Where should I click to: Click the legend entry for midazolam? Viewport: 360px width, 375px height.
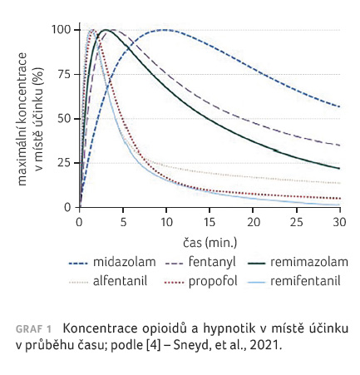125,262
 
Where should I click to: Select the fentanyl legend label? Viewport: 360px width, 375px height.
212,262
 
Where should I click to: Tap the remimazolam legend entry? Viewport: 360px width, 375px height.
309,262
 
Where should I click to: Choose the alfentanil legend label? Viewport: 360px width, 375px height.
120,281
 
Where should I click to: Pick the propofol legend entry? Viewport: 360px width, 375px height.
213,282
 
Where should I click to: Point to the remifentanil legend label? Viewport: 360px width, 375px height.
305,281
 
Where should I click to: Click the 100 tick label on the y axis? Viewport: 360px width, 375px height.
62,29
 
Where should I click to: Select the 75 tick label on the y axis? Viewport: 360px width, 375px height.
65,74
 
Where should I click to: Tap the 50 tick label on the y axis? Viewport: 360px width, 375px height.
65,118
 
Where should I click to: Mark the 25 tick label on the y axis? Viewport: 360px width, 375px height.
65,163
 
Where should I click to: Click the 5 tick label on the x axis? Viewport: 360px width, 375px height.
123,222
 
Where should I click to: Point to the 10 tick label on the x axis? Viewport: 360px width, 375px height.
167,222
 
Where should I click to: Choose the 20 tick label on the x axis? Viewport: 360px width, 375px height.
254,222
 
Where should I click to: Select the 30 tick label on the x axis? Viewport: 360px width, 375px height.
340,222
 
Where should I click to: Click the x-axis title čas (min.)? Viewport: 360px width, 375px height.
210,243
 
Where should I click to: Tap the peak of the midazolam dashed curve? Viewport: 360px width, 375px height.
165,30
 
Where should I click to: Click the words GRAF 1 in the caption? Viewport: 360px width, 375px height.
33,329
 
